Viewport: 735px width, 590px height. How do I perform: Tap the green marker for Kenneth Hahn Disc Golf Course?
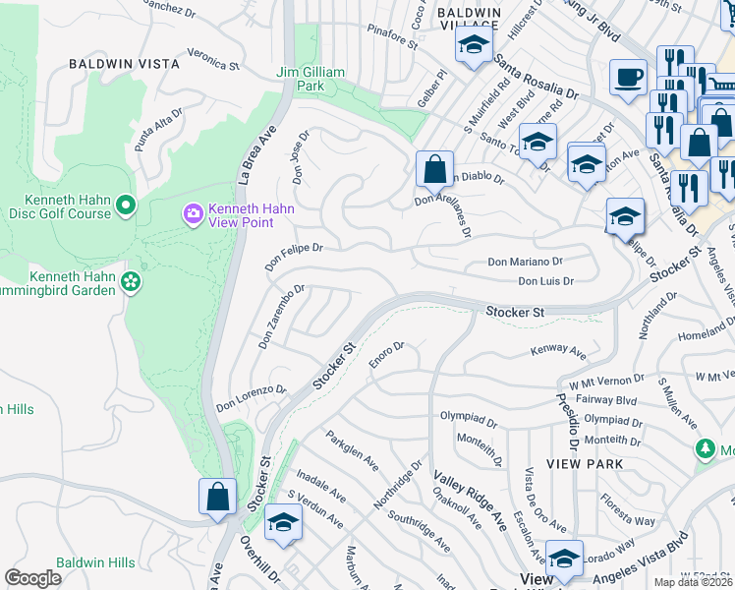tap(125, 206)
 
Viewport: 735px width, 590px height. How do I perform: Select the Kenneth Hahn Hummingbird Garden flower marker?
tap(130, 283)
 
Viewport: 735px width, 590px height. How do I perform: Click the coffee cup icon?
tap(628, 77)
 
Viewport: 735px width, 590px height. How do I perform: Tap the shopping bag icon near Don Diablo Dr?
tap(433, 168)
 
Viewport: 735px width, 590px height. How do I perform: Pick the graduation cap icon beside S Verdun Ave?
tap(282, 521)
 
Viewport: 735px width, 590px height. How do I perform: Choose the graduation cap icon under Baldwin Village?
tap(473, 45)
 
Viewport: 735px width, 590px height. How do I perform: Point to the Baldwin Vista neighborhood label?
tap(124, 63)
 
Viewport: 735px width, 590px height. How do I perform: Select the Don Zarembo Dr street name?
tap(282, 318)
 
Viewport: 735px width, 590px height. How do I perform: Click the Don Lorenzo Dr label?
tap(251, 397)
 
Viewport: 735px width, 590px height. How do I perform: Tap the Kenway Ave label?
tap(557, 351)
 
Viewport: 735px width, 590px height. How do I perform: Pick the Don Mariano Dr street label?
tap(525, 263)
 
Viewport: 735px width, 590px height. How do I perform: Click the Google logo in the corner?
tap(33, 578)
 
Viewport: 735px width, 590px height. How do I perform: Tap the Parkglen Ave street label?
tap(353, 448)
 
